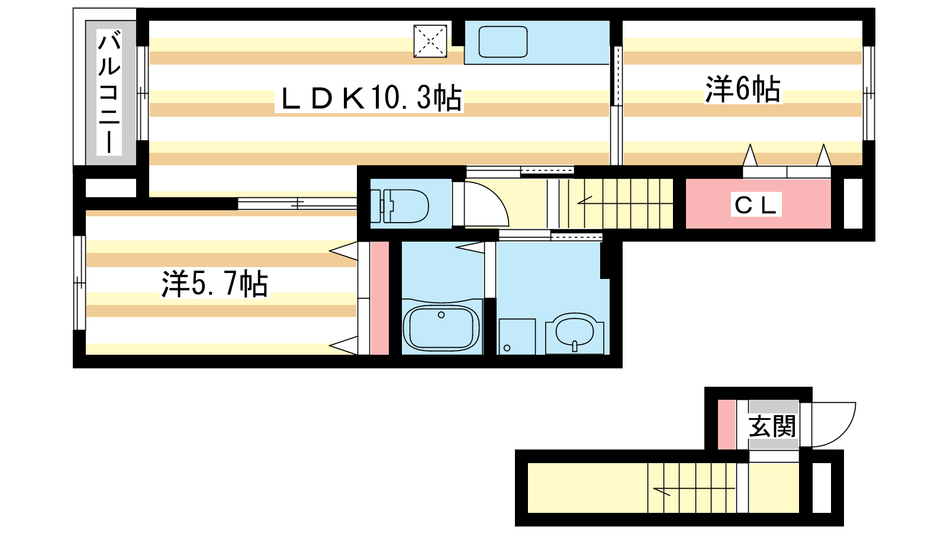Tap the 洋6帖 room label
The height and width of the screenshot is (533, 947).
tap(742, 89)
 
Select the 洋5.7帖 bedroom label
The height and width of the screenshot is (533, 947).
tap(214, 284)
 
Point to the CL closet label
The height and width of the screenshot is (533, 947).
tap(755, 205)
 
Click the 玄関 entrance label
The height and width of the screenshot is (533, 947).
tap(772, 426)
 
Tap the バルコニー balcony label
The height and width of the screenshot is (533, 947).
tap(109, 92)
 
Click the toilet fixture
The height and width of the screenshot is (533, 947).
tap(400, 206)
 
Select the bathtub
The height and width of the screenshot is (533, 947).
tap(442, 326)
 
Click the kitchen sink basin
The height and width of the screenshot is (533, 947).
tap(503, 42)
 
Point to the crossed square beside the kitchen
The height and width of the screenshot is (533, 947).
tap(430, 41)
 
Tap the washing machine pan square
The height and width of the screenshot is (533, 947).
tap(517, 337)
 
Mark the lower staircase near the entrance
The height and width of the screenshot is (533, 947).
tap(692, 488)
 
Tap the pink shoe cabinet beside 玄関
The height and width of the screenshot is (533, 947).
tap(727, 425)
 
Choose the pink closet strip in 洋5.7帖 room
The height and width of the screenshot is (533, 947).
tap(379, 298)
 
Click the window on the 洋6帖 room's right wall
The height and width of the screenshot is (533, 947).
tap(868, 93)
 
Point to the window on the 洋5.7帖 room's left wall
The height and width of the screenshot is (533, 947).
tap(79, 282)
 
